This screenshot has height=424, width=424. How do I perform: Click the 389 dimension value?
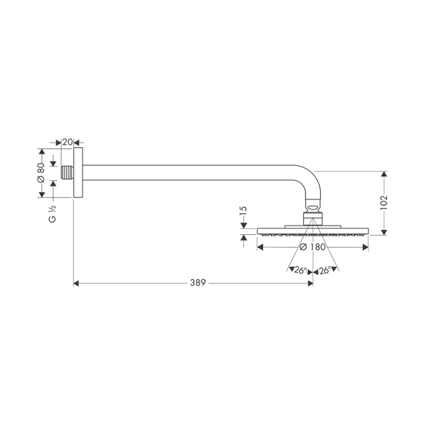198,282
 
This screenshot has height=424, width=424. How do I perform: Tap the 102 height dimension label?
384,202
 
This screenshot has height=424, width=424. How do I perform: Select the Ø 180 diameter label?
312,247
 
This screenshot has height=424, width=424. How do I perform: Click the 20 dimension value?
67,142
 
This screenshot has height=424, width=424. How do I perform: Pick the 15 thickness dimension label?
243,210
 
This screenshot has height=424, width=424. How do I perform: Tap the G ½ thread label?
53,214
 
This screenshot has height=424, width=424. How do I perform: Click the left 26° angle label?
300,270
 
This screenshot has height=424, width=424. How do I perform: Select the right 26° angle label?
325,270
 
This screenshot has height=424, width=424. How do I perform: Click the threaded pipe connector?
67,173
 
